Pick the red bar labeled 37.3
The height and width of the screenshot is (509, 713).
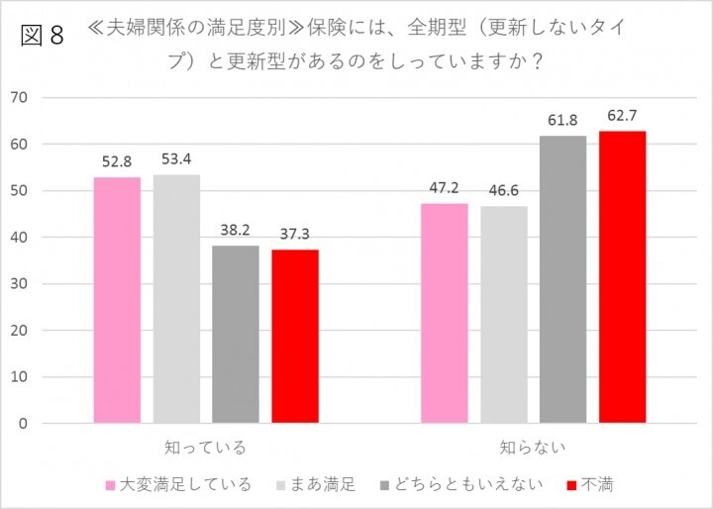[x=295, y=337]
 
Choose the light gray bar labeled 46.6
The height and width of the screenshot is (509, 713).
[x=504, y=315]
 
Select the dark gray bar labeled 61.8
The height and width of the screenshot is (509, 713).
[x=562, y=279]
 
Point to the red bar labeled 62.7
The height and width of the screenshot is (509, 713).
[x=622, y=277]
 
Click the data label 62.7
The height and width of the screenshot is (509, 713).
[x=622, y=116]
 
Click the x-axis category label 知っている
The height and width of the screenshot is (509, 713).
[x=206, y=448]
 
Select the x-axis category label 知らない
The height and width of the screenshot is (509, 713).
[x=533, y=448]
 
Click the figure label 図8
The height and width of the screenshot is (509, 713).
[x=41, y=36]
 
